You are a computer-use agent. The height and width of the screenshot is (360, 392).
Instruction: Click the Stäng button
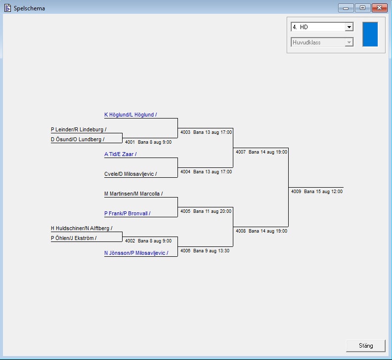tap(366, 345)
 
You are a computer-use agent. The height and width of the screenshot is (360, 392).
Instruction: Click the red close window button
tap(379, 8)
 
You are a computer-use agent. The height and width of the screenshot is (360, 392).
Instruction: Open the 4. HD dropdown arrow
tap(349, 27)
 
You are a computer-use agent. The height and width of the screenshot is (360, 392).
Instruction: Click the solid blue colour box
tap(370, 34)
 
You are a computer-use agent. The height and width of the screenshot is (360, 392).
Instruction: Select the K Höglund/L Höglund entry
tap(131, 115)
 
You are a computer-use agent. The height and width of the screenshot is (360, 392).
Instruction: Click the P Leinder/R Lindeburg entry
tap(79, 129)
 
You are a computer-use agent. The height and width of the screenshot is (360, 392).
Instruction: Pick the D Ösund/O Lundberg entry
tap(78, 139)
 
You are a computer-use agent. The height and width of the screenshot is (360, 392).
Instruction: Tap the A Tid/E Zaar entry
tap(120, 154)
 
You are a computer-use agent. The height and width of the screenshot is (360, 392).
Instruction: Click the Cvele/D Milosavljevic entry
tap(131, 174)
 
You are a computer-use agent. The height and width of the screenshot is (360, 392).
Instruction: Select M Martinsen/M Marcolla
tap(133, 194)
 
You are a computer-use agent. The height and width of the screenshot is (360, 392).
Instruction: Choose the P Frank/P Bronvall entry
tap(127, 213)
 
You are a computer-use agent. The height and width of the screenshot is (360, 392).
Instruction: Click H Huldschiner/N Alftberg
tap(82, 228)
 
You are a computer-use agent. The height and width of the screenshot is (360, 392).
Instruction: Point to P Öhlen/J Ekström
tap(74, 238)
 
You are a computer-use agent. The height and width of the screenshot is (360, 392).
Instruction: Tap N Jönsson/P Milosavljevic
tap(136, 253)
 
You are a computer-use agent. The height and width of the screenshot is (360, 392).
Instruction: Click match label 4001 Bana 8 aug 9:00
tap(148, 142)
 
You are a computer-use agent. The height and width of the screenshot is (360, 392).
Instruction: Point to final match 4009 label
tap(316, 192)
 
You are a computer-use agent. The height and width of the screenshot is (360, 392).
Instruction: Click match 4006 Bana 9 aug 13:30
tap(205, 251)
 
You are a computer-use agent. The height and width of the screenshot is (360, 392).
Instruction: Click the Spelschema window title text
tap(29, 8)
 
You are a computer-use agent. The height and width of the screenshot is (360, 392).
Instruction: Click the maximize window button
tap(362, 8)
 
